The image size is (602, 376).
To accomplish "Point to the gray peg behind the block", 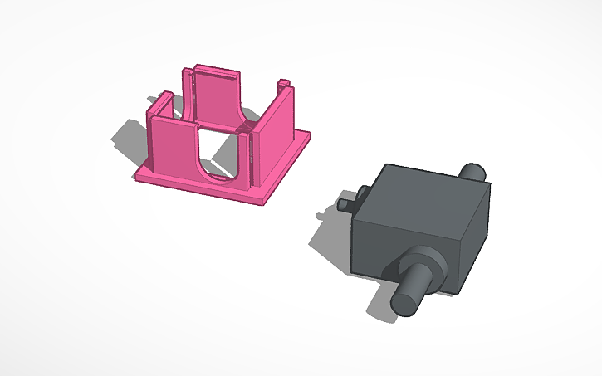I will point(474,172).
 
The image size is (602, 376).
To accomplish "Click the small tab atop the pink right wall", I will point(284,83).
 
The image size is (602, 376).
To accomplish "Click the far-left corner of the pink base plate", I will point(136,173).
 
